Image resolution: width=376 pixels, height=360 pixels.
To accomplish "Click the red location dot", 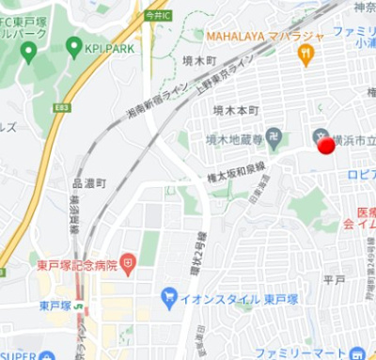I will pos(325,147).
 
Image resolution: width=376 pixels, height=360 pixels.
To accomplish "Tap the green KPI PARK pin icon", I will pos(73,45).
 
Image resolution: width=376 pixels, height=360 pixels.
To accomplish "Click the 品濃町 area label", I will pos(90,182).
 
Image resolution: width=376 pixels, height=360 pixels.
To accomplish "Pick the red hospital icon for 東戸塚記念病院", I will pos(130,262).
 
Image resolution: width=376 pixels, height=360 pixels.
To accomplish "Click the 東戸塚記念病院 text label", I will pos(77,265).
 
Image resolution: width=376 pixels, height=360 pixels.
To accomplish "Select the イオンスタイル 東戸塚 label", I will pos(226,298).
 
